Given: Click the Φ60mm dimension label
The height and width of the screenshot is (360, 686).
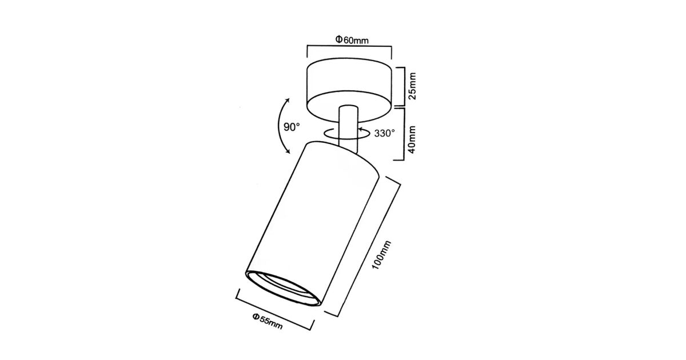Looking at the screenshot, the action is click(x=352, y=40).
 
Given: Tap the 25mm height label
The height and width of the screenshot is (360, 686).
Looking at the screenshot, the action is click(x=413, y=86).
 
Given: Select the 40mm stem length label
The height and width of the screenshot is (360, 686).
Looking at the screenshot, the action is click(x=413, y=139).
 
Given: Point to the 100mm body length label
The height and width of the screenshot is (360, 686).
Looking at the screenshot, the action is click(x=382, y=255).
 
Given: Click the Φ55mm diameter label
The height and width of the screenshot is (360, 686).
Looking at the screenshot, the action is click(x=268, y=321).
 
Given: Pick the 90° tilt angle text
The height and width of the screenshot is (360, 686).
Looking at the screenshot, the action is click(x=292, y=127).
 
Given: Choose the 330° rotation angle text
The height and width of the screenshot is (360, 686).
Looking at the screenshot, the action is click(x=384, y=133).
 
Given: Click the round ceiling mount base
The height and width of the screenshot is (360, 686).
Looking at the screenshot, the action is click(x=349, y=90).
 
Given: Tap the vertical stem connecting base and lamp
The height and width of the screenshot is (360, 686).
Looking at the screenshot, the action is click(x=348, y=129).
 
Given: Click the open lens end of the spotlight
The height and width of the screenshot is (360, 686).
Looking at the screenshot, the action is click(x=284, y=288).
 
